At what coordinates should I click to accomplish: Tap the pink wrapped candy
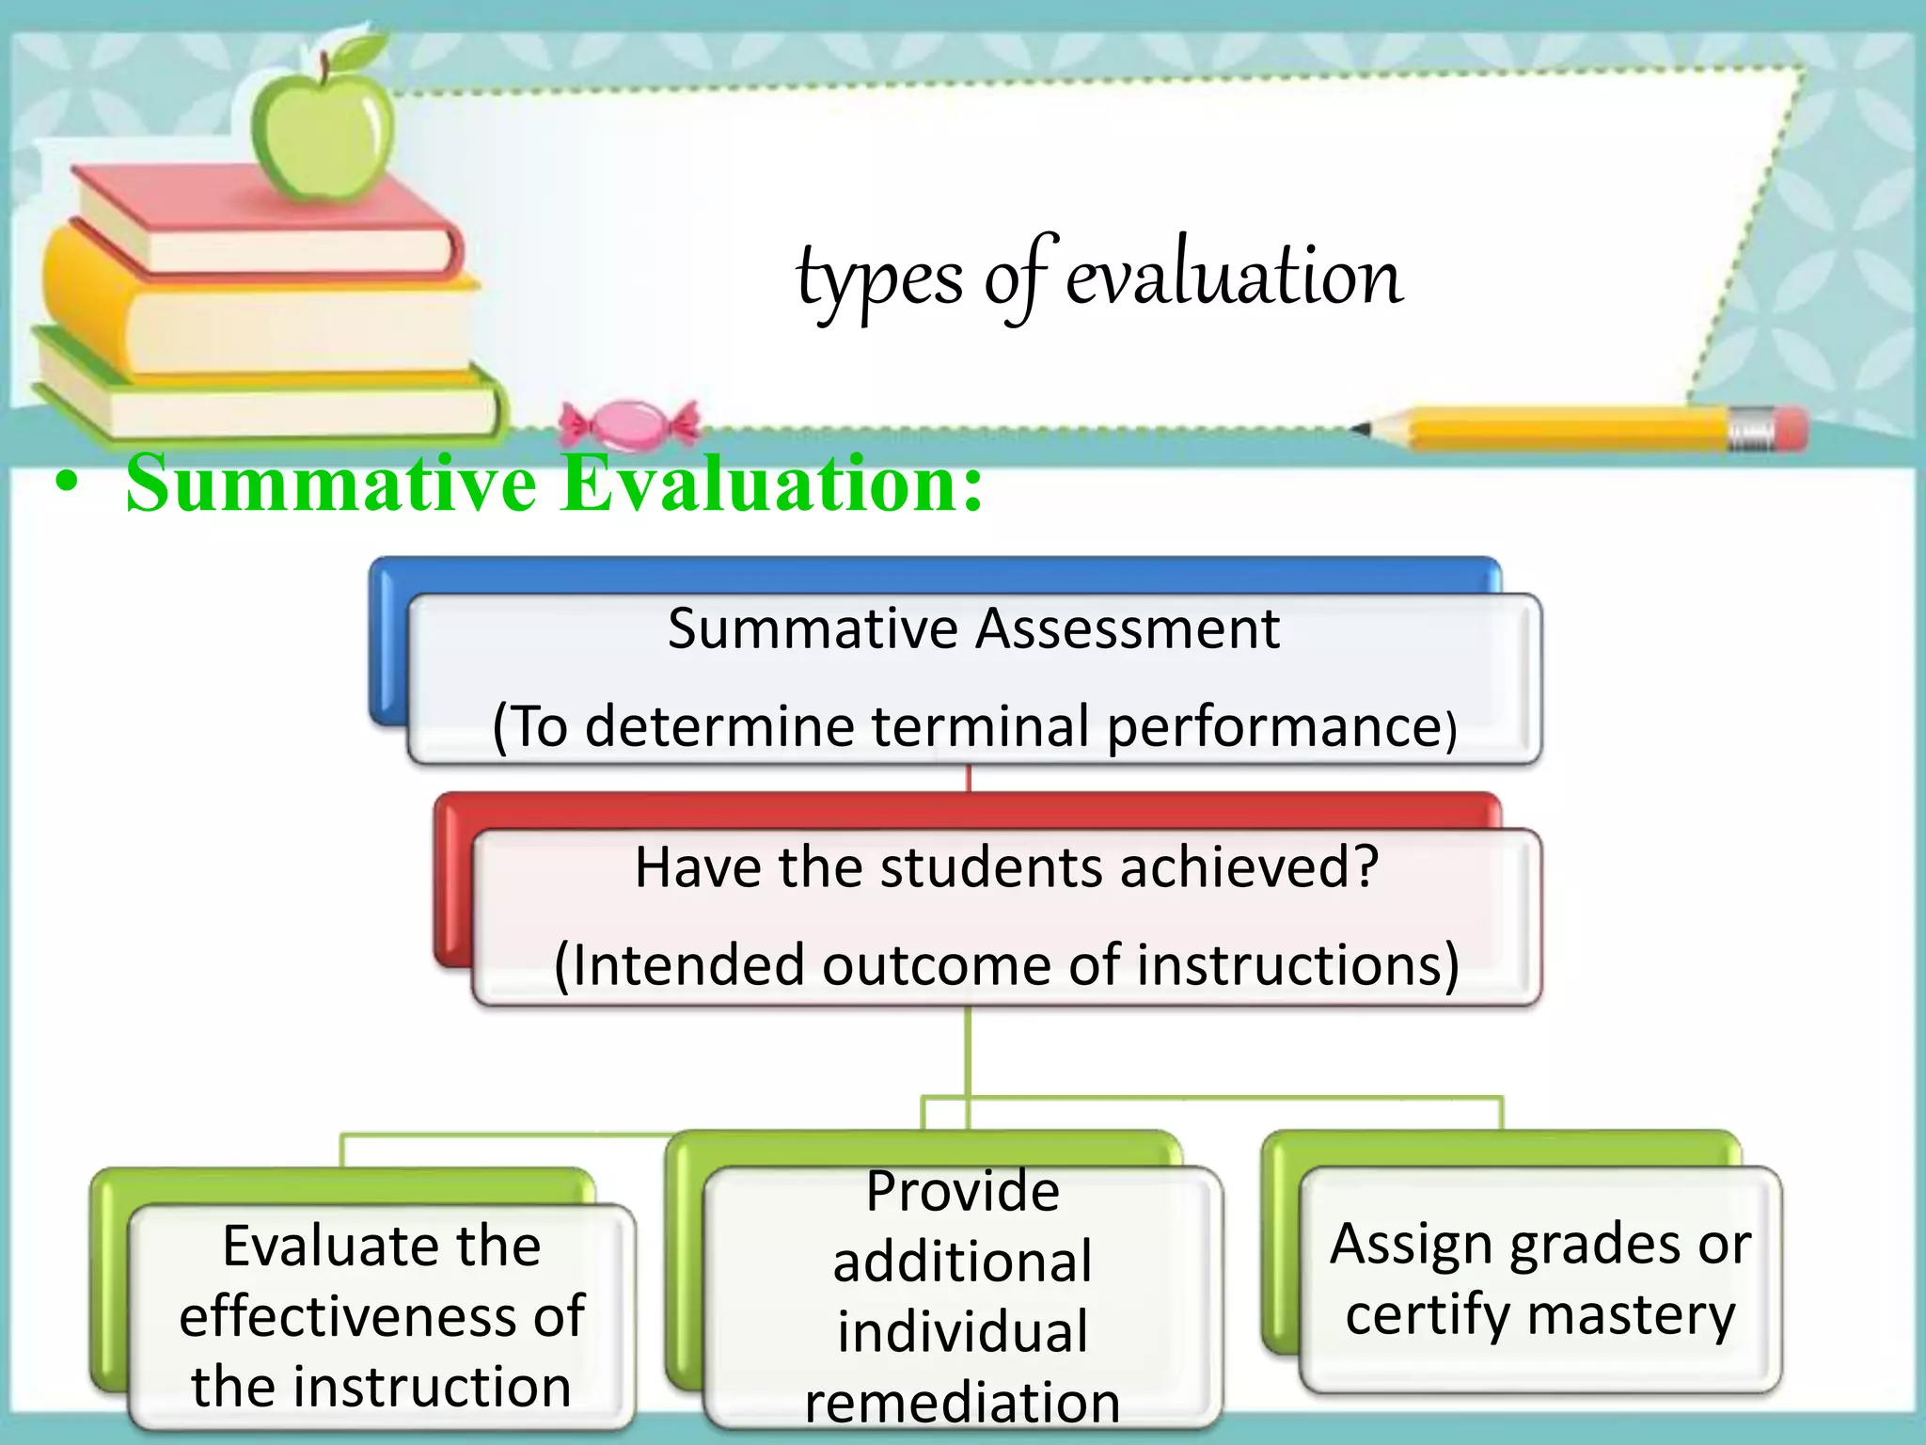pyautogui.click(x=629, y=424)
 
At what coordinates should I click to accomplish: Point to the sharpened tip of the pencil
pyautogui.click(x=1361, y=429)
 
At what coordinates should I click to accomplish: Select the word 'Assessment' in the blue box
pyautogui.click(x=1128, y=627)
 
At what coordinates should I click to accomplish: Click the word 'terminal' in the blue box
pyautogui.click(x=981, y=726)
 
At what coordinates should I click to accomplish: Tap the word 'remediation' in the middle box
pyautogui.click(x=962, y=1402)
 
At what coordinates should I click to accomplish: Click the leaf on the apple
pyautogui.click(x=362, y=52)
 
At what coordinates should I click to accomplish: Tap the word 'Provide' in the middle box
pyautogui.click(x=962, y=1191)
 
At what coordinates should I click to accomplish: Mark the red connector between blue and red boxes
pyautogui.click(x=969, y=778)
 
